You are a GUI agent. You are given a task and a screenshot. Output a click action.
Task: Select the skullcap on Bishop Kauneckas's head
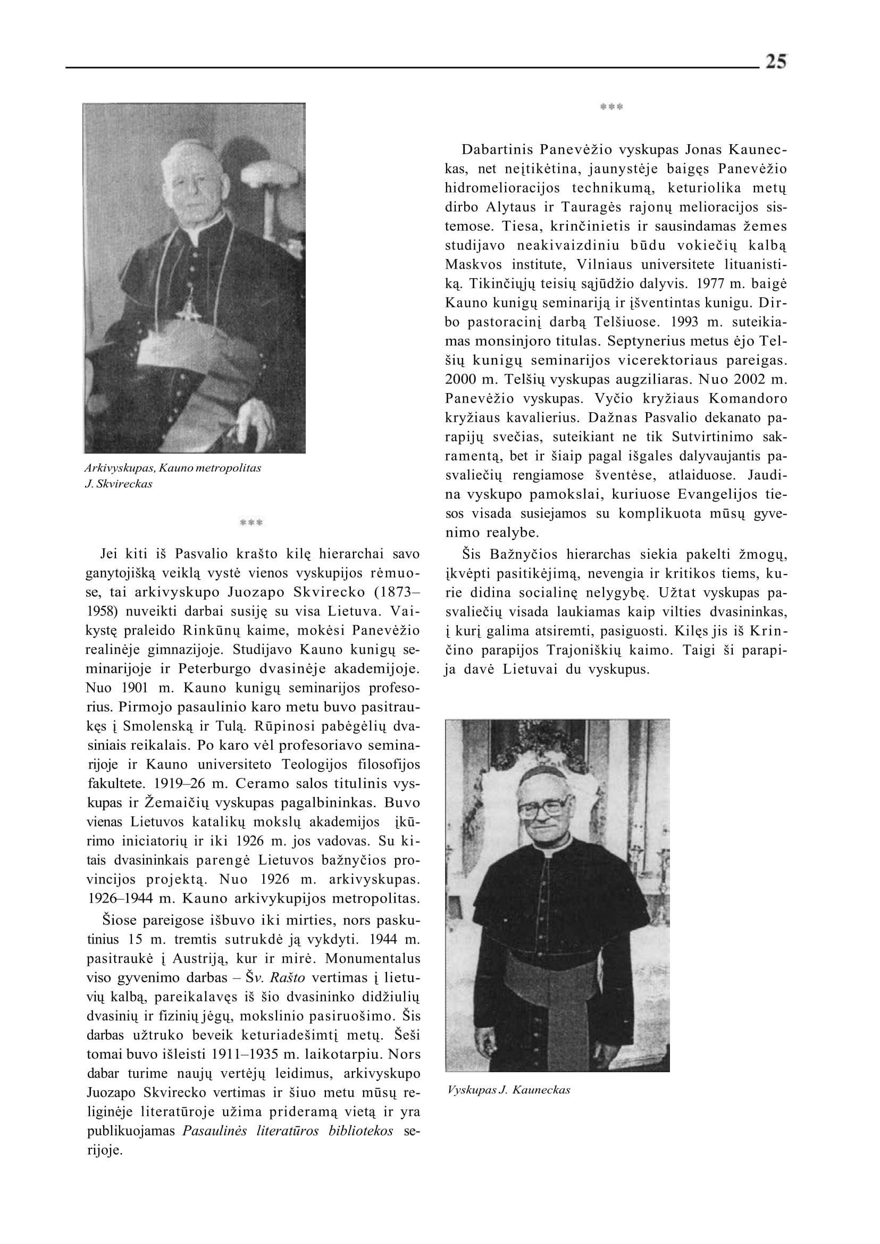[x=540, y=775]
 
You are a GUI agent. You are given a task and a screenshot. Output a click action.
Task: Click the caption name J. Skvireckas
[x=119, y=484]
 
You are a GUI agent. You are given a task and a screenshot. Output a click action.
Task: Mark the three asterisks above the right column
[x=612, y=107]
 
